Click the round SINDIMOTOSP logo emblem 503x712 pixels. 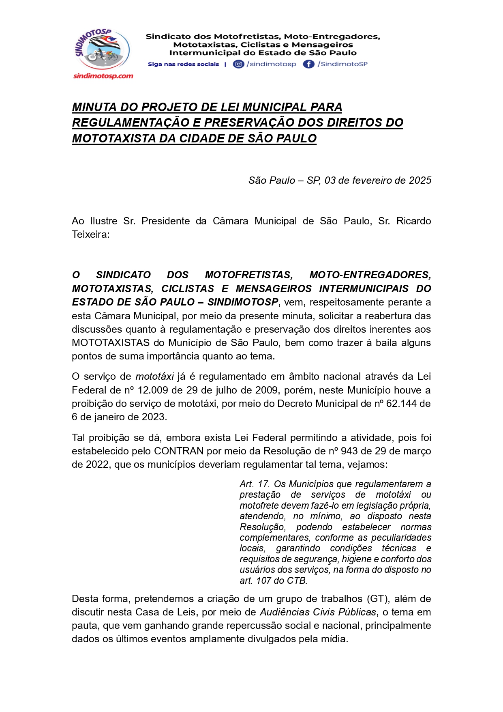point(102,49)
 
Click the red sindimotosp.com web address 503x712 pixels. point(103,76)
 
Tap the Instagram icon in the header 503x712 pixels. point(239,64)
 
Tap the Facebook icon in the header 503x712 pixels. point(308,64)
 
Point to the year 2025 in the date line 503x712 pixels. point(420,181)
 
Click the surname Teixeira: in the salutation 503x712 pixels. point(90,234)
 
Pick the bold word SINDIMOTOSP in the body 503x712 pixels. point(242,302)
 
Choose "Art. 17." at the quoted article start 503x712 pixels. point(255,484)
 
